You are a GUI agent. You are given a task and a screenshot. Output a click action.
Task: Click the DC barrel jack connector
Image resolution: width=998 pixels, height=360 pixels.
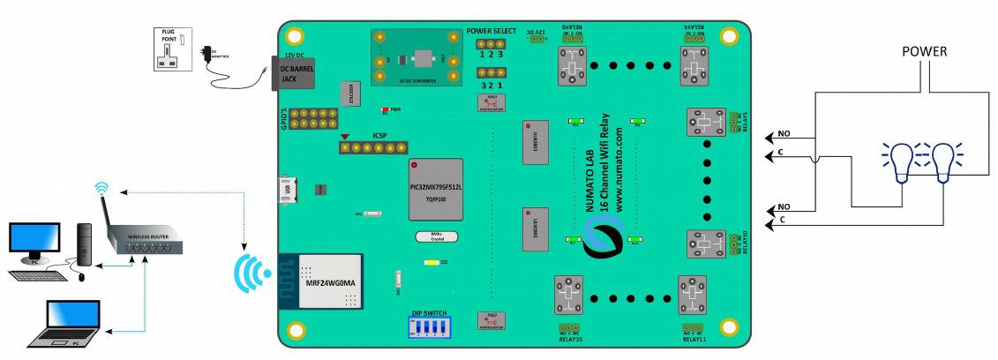(x=293, y=73)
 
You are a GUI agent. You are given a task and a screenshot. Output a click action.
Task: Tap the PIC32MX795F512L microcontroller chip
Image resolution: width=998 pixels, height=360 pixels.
(x=436, y=189)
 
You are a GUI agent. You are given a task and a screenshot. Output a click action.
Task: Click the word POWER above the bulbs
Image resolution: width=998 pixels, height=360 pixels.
(x=924, y=52)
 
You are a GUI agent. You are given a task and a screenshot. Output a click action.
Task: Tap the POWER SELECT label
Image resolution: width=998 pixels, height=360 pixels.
(x=491, y=31)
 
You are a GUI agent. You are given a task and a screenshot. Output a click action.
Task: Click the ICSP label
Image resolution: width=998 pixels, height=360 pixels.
(x=380, y=136)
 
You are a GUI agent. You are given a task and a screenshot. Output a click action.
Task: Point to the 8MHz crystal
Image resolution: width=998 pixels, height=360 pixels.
(x=429, y=236)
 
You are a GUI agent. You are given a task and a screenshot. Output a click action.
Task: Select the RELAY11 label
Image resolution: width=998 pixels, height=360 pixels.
(x=694, y=339)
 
